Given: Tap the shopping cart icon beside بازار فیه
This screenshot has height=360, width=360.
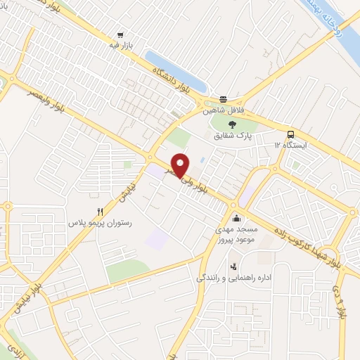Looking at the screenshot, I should click(121, 34).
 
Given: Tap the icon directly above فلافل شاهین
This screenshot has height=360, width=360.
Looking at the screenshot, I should click(223, 99).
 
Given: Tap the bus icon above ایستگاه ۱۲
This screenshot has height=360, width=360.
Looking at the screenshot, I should click(290, 134).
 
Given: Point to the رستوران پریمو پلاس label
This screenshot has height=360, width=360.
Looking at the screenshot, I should click(100, 222).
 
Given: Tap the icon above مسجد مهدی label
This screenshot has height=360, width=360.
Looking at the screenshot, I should click(236, 217).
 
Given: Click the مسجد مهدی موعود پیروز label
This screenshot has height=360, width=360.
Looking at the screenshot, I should click(237, 235).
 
